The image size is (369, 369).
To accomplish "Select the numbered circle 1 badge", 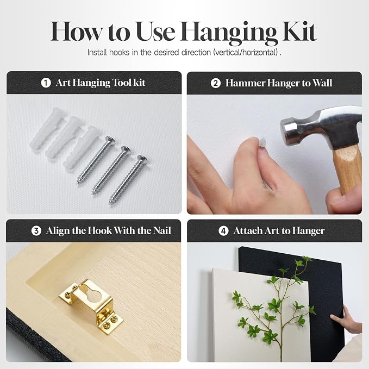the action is point(46,83).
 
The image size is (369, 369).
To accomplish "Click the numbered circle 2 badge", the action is point(215,83).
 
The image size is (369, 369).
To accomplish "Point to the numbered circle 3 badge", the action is point(36,231).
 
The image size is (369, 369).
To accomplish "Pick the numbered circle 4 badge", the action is point(223,231).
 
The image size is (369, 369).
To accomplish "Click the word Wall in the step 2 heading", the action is point(322,83).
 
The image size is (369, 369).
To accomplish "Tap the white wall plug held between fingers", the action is point(262,142).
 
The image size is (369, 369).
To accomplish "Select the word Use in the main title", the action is point(155,32).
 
